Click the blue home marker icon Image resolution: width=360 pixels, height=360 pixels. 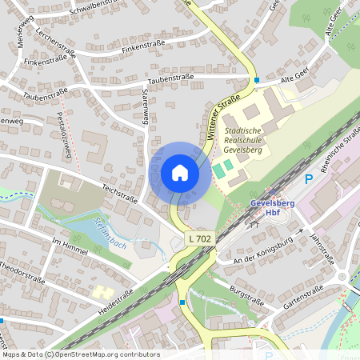(x=180, y=173)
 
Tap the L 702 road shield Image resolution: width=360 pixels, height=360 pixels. (x=201, y=239)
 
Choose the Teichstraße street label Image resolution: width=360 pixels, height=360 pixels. (x=121, y=192)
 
